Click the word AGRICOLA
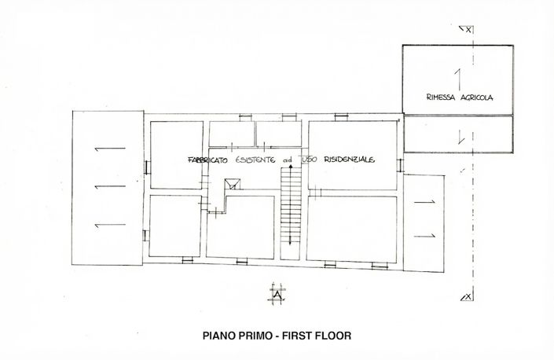[479, 98]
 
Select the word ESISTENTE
[258, 160]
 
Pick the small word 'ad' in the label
[288, 160]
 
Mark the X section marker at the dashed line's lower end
[468, 296]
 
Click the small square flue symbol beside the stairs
[233, 186]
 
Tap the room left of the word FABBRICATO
[175, 155]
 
